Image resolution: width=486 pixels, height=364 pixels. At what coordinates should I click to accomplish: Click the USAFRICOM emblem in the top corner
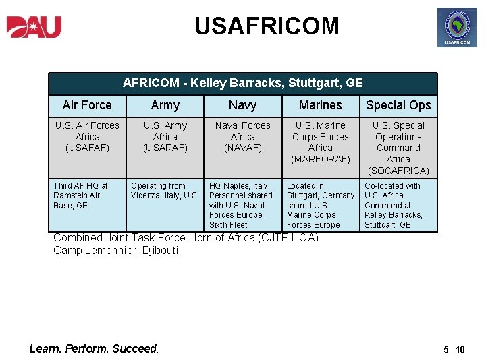pos(457,28)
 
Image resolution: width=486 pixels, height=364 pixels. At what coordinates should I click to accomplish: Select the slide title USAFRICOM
pos(267,26)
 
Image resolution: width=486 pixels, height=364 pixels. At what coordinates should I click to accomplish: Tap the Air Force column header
pos(87,105)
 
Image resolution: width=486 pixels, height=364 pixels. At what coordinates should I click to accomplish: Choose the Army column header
pos(165,105)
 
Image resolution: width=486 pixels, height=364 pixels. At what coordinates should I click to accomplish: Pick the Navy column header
pos(242,105)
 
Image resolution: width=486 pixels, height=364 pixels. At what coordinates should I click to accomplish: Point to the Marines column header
pos(321,105)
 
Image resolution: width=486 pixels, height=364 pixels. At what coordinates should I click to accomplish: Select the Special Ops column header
pos(398,105)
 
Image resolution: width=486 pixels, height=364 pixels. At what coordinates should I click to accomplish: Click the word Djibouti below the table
pos(160,251)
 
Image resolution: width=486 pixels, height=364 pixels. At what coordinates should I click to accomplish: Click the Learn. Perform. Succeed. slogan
pos(94,348)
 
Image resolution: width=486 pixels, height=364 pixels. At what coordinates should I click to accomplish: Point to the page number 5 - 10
pos(454,349)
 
